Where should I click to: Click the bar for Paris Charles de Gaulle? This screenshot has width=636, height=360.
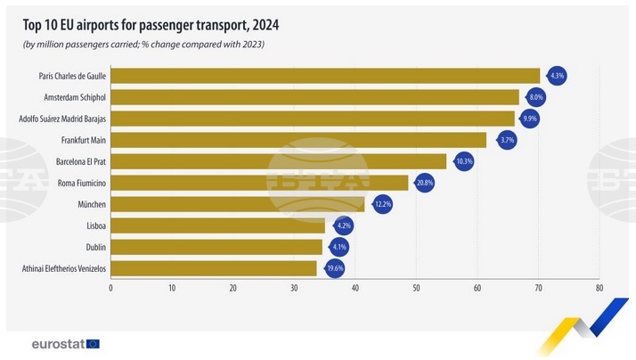(325, 76)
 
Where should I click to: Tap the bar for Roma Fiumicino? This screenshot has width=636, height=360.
(259, 183)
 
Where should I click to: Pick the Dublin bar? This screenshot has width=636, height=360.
(216, 247)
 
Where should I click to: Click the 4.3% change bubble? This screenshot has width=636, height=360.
(557, 76)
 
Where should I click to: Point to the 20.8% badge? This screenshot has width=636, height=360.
(425, 183)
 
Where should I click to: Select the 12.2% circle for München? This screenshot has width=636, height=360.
(383, 204)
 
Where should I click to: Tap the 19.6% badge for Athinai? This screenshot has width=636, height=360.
(334, 268)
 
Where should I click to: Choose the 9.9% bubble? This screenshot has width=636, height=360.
(531, 119)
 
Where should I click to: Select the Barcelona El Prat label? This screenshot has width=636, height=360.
(75, 161)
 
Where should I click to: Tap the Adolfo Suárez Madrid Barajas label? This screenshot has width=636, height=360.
(62, 119)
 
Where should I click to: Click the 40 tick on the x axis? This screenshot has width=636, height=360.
(355, 288)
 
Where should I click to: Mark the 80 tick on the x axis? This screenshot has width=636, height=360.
(599, 288)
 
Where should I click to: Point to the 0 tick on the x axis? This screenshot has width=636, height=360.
(111, 288)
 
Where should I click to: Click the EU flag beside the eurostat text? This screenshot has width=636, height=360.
(93, 343)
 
